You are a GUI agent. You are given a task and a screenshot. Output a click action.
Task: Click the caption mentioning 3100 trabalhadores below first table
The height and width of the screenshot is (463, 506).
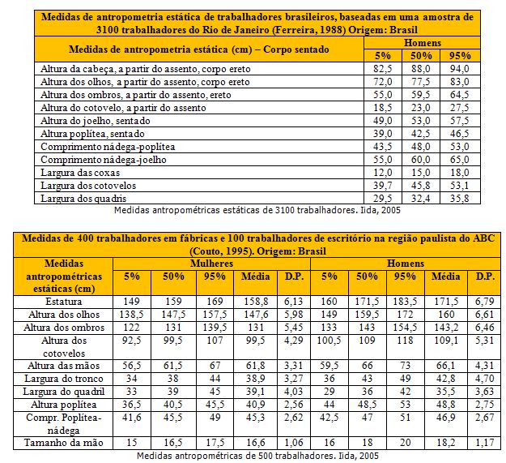tap(257, 209)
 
